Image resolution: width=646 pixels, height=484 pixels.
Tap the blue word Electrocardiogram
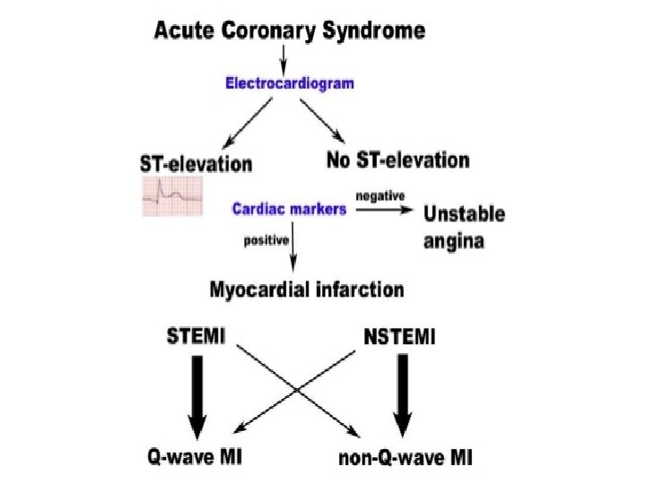289,83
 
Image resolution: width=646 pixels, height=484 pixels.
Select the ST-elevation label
196,164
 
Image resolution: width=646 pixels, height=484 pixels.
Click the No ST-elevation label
397,161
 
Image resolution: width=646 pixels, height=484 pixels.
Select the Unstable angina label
464,228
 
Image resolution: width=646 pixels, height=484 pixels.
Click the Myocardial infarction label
306,289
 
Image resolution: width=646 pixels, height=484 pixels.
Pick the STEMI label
196,336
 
